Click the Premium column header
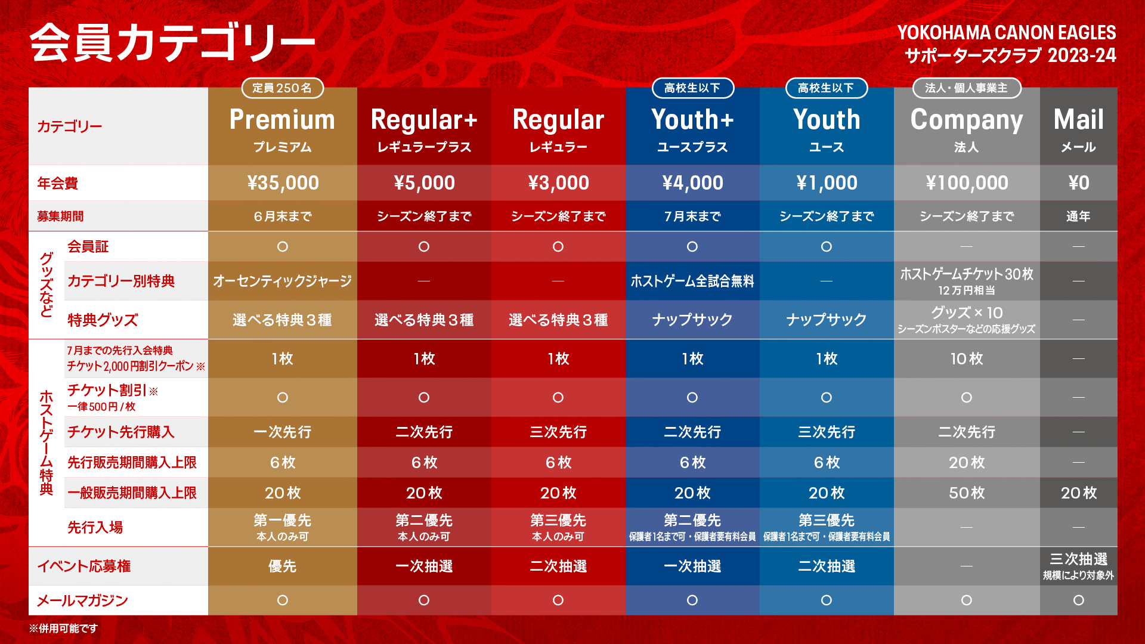(x=282, y=120)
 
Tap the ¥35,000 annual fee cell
(x=283, y=182)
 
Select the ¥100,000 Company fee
(x=967, y=182)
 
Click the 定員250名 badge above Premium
(x=282, y=88)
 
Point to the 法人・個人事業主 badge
(x=967, y=88)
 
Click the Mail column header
(x=1078, y=120)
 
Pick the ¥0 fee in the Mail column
(x=1078, y=182)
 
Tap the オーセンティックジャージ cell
(x=283, y=281)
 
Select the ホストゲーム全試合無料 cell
(x=692, y=281)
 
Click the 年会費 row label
(x=57, y=183)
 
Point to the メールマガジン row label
(x=82, y=600)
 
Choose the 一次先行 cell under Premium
(x=283, y=432)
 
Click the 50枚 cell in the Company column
(x=967, y=493)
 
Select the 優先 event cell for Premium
(x=283, y=566)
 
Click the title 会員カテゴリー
(x=172, y=42)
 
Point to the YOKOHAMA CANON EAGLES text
(x=1007, y=32)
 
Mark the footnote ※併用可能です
(x=63, y=628)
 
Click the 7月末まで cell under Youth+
(x=692, y=216)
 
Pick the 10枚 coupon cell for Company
(x=967, y=358)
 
